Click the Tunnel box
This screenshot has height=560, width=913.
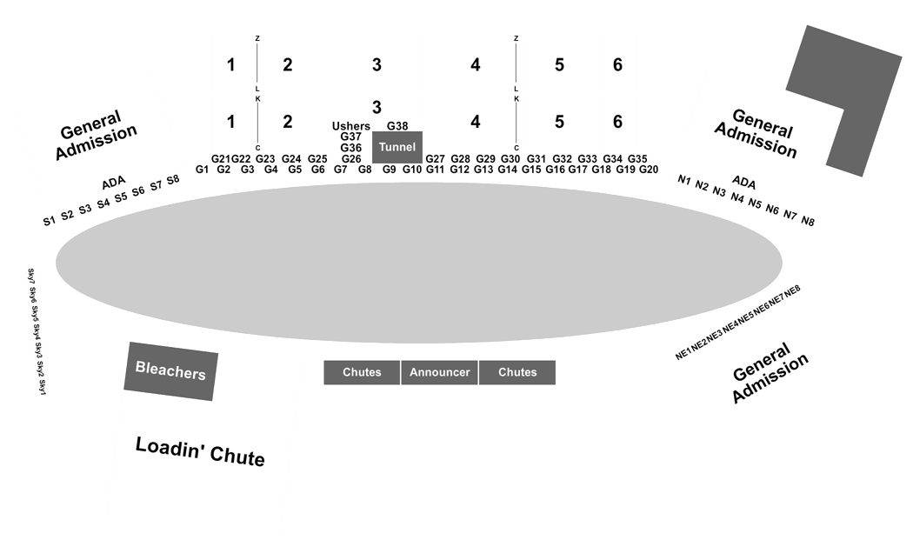point(397,147)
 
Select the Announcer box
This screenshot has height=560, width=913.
point(440,372)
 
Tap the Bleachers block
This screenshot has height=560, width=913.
point(170,370)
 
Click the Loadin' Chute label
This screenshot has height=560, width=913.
point(200,451)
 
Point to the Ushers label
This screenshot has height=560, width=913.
point(350,126)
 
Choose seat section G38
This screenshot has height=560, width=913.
point(397,126)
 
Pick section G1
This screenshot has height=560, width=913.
point(202,170)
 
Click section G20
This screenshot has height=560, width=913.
point(648,170)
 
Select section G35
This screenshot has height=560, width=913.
point(637,158)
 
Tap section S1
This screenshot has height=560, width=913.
point(50,221)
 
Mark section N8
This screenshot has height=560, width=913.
point(808,221)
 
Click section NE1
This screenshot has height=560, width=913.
point(683,354)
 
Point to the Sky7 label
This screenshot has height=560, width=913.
point(31,276)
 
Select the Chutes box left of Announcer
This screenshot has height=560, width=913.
point(362,372)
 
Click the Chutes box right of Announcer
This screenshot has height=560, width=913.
point(517,372)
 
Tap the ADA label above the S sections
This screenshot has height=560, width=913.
point(114,183)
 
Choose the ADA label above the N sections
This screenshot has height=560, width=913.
point(743,183)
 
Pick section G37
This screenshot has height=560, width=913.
point(350,137)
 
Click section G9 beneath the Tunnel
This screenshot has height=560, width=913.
point(389,170)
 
